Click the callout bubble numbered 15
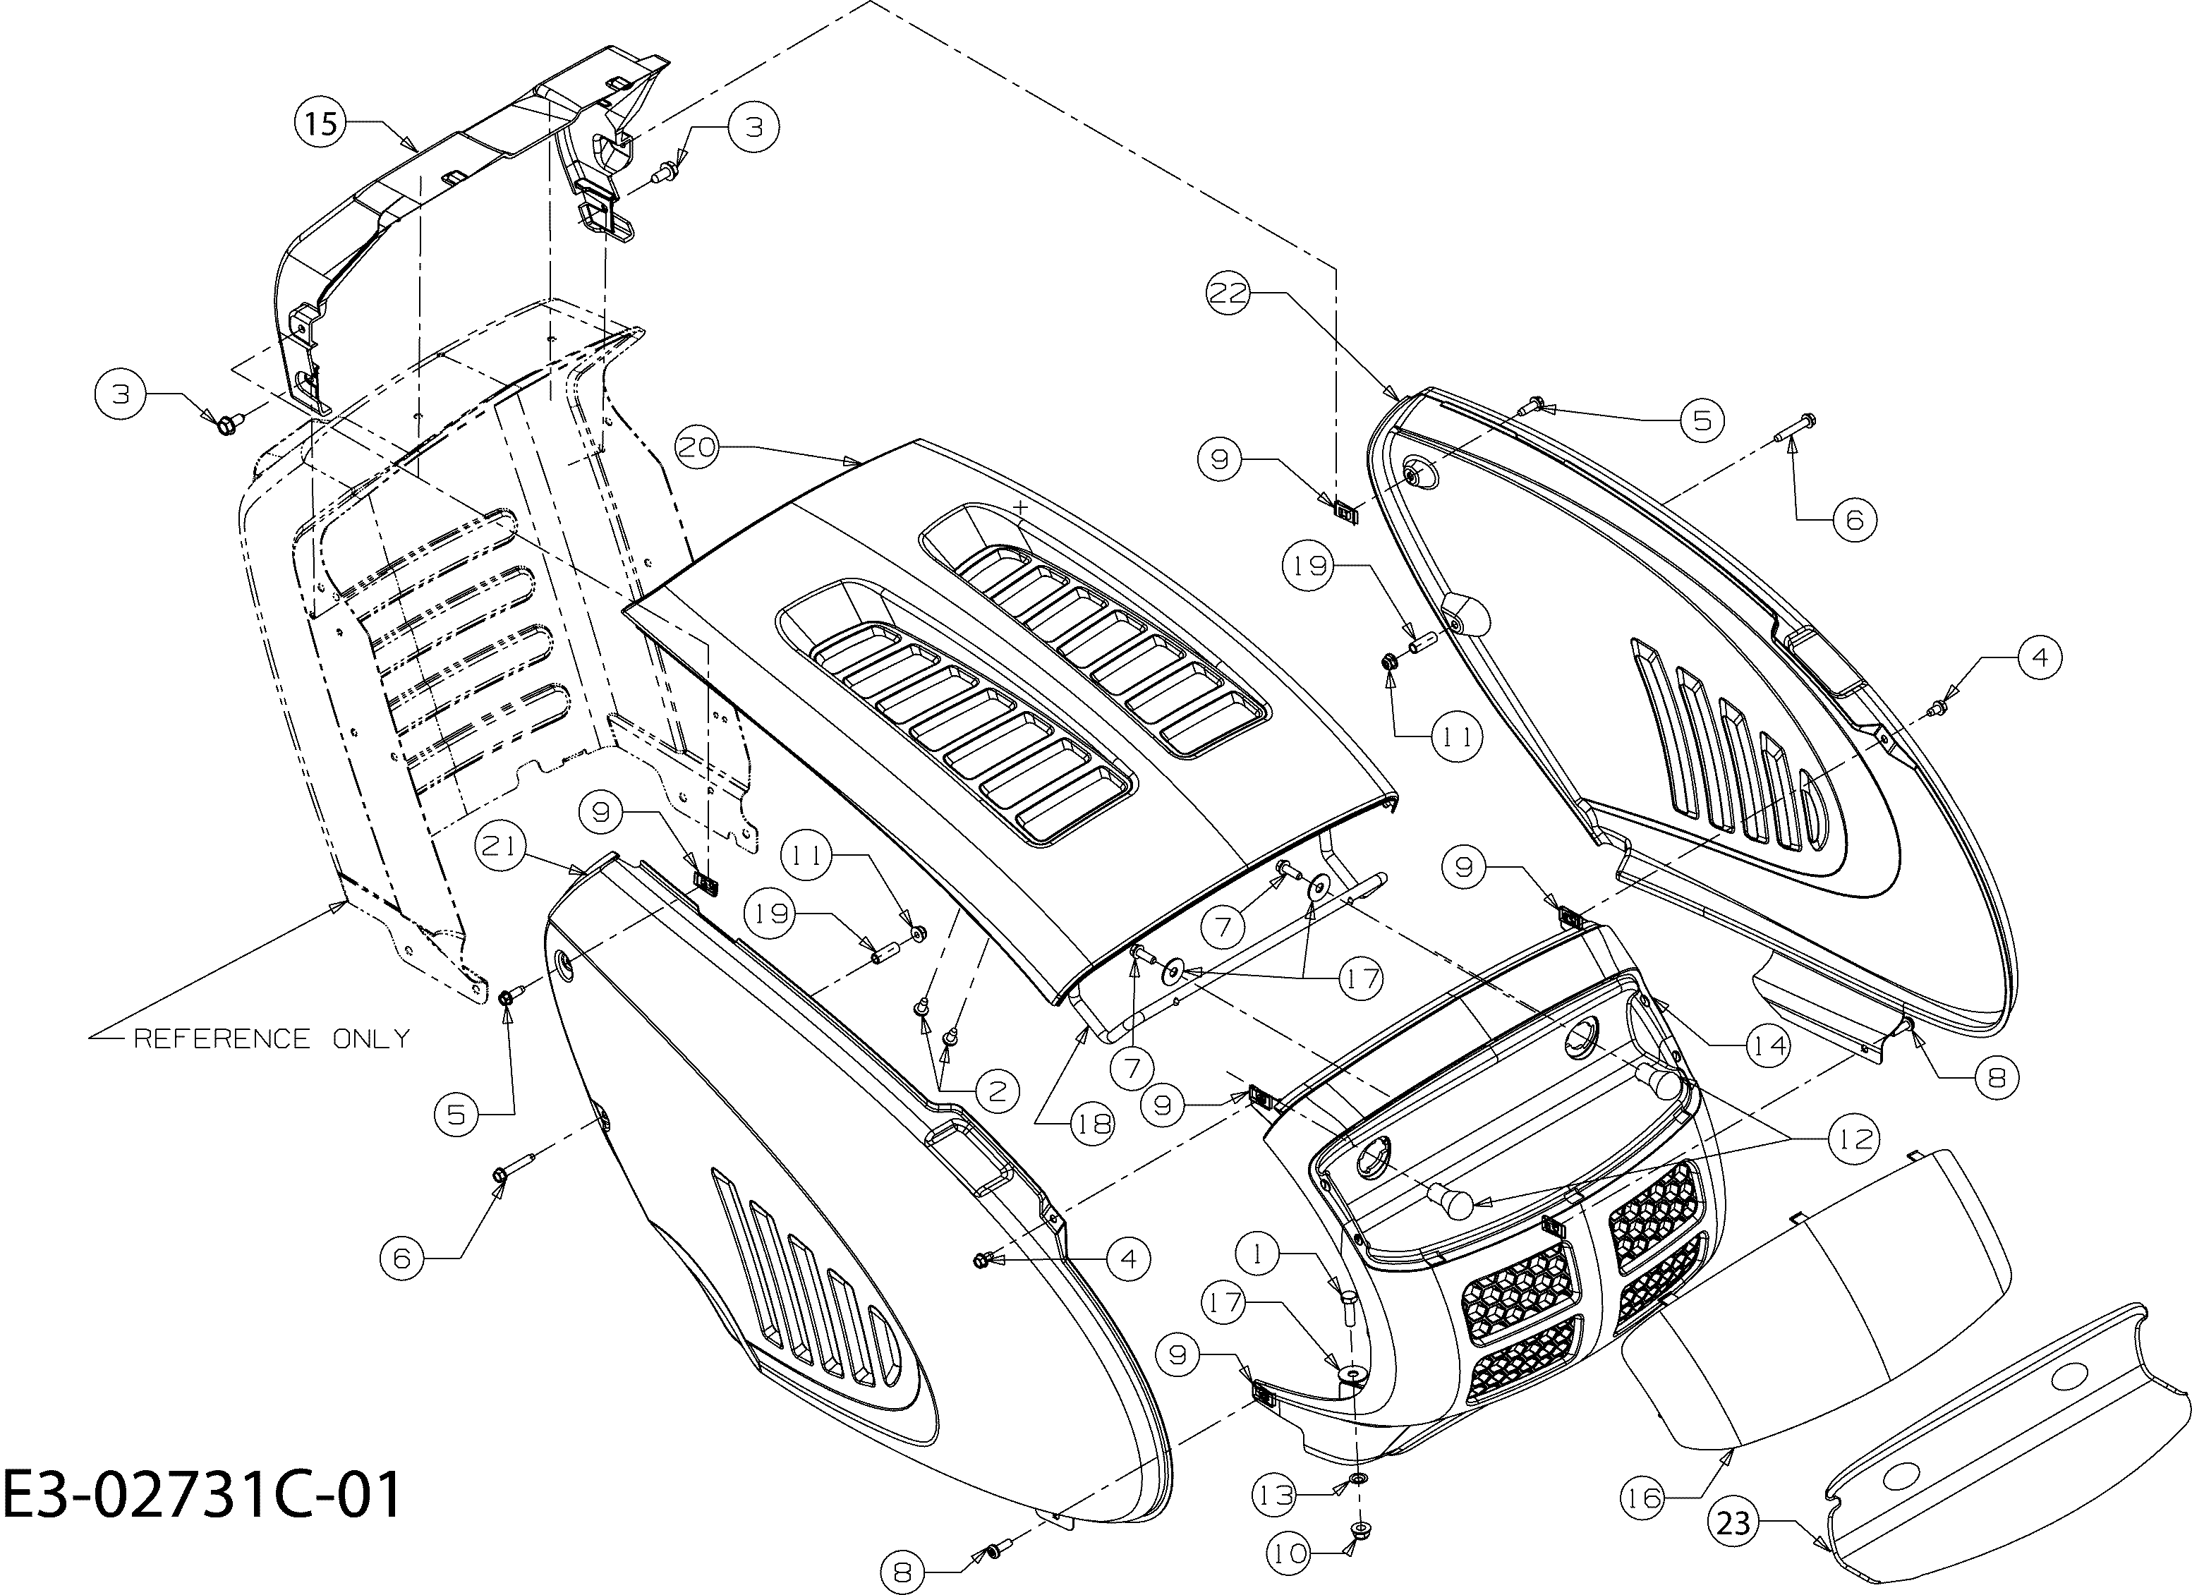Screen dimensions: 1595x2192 (x=321, y=123)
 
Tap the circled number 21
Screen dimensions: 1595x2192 (x=499, y=847)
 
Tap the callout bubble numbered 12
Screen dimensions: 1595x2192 (x=1853, y=1139)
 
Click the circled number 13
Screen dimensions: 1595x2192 (x=1276, y=1496)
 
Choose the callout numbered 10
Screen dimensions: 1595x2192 (x=1288, y=1554)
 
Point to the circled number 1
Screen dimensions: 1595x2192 (x=1257, y=1255)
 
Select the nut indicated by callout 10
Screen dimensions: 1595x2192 (x=1359, y=1528)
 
